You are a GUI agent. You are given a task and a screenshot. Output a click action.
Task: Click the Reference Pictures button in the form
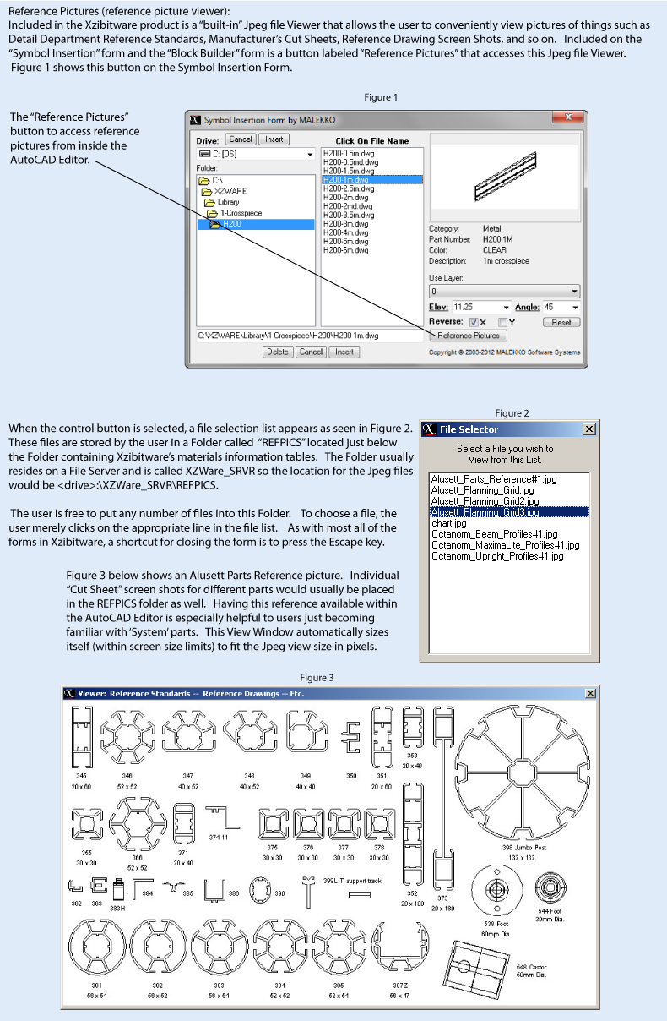468,336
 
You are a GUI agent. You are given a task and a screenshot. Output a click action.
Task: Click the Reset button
561,322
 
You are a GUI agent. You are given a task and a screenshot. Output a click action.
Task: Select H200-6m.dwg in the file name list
345,251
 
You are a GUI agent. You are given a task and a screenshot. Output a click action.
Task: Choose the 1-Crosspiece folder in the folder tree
240,213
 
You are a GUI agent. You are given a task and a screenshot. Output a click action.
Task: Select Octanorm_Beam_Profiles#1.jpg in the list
494,534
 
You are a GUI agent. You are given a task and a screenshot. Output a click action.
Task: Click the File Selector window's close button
588,429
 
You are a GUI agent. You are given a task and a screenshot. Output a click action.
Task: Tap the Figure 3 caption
317,678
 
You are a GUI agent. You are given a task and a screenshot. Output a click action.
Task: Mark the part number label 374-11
219,838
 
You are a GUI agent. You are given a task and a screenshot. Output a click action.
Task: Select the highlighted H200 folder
231,224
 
